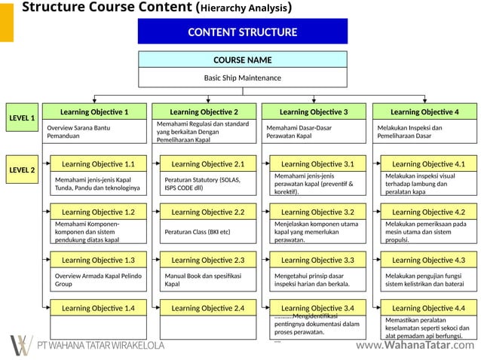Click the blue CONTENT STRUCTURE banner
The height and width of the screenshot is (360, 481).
tap(242, 32)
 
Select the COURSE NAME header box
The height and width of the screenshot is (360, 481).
tap(242, 60)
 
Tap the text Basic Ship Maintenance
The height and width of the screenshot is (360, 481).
tap(242, 78)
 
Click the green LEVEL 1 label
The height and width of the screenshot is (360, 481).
tap(22, 118)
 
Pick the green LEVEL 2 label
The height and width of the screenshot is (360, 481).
tap(22, 170)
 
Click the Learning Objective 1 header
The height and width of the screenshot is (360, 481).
tap(94, 111)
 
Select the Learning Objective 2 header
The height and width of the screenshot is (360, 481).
tap(204, 111)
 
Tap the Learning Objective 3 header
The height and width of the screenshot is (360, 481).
tap(314, 111)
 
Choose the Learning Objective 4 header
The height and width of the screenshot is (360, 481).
tap(424, 111)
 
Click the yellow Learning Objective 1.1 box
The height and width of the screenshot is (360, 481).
tap(98, 163)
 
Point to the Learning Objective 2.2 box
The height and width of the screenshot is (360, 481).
tap(207, 212)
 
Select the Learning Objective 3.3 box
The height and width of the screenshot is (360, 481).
tap(317, 260)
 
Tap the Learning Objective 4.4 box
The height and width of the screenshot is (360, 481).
tap(428, 308)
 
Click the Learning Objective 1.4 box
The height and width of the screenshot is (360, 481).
tap(98, 308)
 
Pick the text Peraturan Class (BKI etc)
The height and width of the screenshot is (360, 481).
tap(198, 232)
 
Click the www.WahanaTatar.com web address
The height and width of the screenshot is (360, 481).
tap(415, 346)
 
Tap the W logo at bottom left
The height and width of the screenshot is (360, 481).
tap(21, 344)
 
